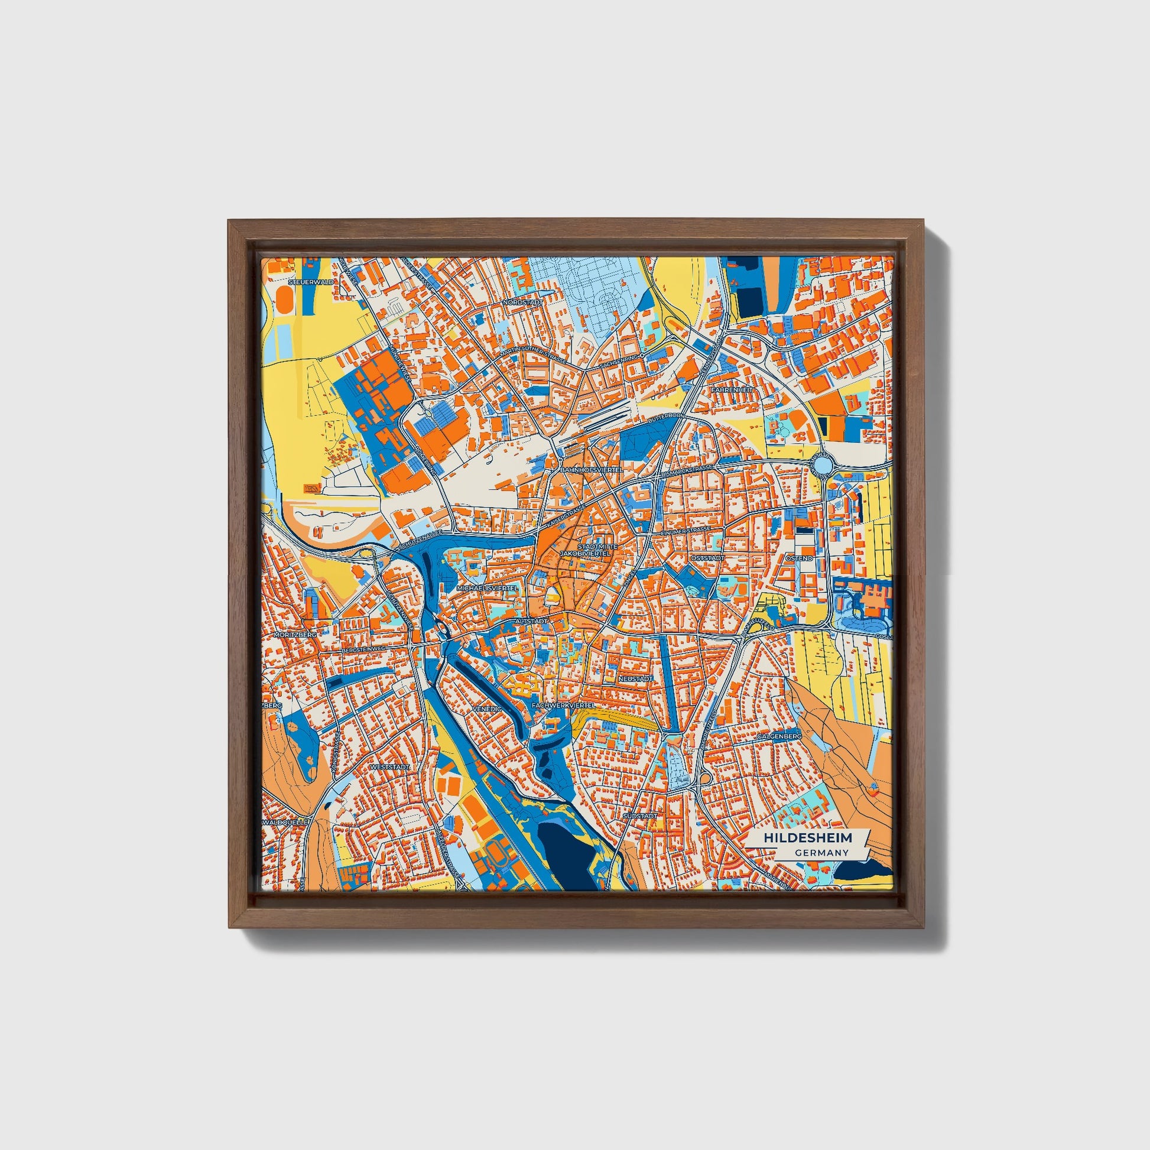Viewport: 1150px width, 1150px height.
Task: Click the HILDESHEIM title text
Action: click(808, 838)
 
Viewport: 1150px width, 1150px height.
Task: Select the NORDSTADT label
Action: click(522, 303)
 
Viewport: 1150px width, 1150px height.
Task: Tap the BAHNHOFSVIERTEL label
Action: click(591, 470)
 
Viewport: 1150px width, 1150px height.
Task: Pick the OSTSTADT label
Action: click(708, 558)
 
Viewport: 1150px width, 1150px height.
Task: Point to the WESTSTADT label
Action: click(390, 768)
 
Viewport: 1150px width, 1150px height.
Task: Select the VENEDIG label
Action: click(488, 710)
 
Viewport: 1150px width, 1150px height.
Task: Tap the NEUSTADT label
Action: click(636, 678)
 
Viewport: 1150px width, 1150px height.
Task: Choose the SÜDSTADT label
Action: click(640, 816)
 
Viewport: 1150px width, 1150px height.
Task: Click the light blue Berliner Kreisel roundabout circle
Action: click(823, 464)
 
